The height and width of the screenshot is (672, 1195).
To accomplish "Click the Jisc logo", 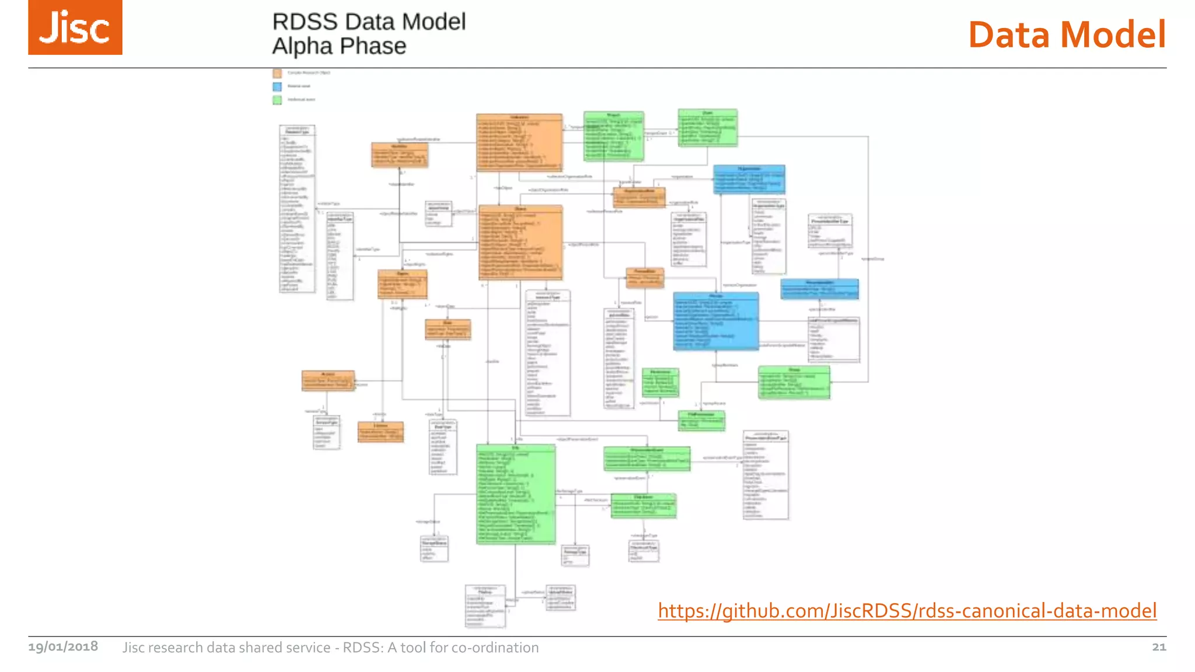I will point(75,27).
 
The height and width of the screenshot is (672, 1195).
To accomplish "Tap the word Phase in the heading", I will point(373,46).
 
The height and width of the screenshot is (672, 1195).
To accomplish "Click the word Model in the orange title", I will point(1113,34).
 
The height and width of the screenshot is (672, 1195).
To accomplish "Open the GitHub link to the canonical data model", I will point(907,611).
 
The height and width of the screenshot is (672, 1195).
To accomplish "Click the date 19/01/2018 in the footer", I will point(63,647).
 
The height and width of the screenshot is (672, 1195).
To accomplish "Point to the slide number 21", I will point(1159,647).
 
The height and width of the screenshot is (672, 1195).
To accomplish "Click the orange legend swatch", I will point(277,73).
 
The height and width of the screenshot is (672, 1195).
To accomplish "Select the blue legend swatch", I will point(277,86).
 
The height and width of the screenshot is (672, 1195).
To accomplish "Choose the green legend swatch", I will point(277,100).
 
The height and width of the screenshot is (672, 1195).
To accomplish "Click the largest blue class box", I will point(716,321).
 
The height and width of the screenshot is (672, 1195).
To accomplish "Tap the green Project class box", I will point(614,136).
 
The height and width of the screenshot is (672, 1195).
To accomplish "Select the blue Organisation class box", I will point(749,179).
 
